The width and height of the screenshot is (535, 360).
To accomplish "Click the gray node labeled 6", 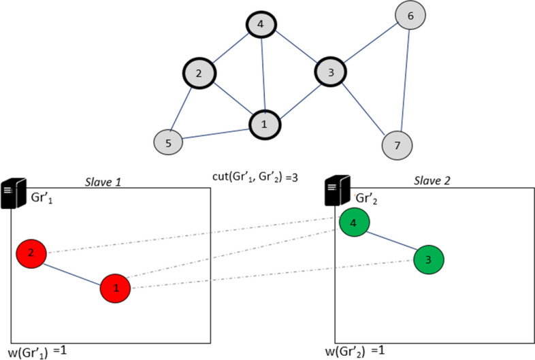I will tap(410, 14).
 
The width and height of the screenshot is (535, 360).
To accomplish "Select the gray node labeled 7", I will tap(398, 144).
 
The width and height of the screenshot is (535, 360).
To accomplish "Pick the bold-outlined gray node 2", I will tap(199, 73).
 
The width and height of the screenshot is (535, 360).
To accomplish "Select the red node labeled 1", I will tap(116, 289).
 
